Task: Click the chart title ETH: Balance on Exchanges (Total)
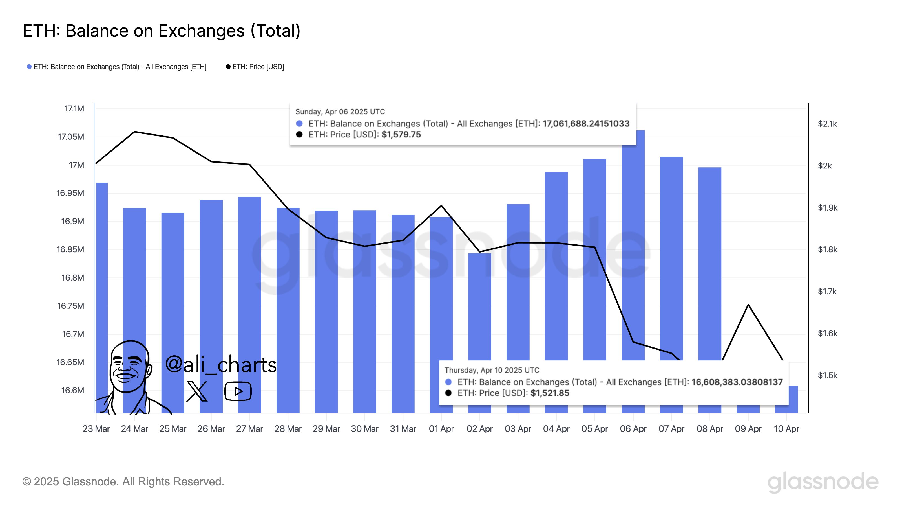click(162, 31)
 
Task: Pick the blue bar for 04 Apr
click(556, 263)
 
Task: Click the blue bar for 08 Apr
click(709, 263)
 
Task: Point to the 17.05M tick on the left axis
click(71, 137)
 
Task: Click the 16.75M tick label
click(71, 306)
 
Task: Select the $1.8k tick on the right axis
click(827, 249)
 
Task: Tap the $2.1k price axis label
click(827, 124)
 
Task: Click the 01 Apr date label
click(441, 429)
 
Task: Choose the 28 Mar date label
click(288, 429)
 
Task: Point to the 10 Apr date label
click(786, 429)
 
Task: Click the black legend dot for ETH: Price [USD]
click(228, 67)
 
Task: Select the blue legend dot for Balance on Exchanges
click(29, 67)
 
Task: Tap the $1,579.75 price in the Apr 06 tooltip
click(401, 135)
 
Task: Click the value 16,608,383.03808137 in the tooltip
click(737, 382)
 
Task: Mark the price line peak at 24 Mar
click(135, 132)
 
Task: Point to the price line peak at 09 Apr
click(748, 305)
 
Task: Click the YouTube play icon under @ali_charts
click(238, 391)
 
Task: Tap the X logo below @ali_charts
click(197, 391)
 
